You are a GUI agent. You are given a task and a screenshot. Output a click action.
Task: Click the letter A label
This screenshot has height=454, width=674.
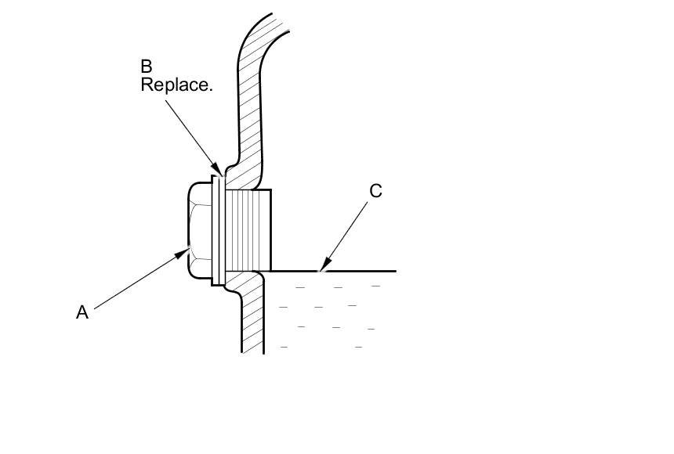point(82,312)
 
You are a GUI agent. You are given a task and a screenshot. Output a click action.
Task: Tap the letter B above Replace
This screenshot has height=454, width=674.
point(147,67)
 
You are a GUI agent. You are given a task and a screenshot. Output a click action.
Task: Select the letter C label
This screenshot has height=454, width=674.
point(375,191)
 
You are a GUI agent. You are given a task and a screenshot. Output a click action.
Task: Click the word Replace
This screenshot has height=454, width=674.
point(176,85)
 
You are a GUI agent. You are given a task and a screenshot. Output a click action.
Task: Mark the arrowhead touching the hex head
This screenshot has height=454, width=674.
point(186,251)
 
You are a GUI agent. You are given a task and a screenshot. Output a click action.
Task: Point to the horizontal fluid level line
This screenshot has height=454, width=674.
point(353,271)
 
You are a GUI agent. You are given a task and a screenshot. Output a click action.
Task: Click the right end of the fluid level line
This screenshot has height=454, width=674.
point(394,271)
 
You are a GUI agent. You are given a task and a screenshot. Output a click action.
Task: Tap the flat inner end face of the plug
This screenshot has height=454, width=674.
point(271,229)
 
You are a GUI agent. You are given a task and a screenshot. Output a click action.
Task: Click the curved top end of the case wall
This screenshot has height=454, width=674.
point(282,23)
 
